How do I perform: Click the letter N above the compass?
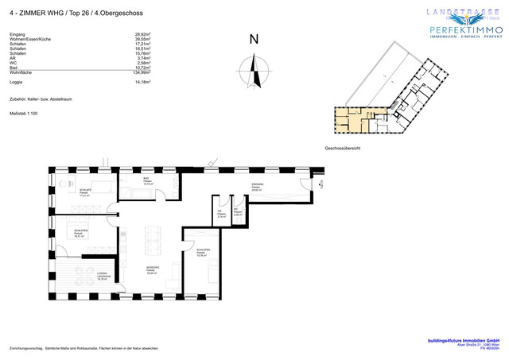(254, 40)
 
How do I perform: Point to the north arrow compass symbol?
(254, 72)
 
